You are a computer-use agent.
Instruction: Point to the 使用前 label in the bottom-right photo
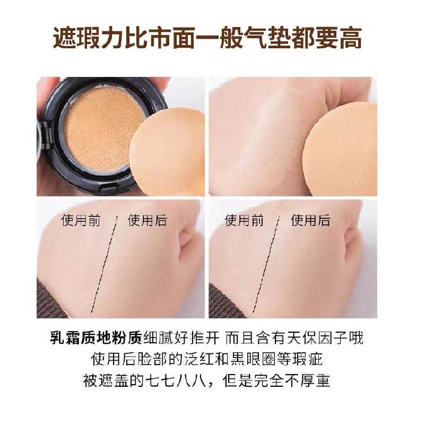pyautogui.click(x=245, y=220)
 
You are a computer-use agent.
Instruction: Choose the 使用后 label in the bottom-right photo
pyautogui.click(x=311, y=220)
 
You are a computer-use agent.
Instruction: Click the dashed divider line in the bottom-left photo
pyautogui.click(x=106, y=265)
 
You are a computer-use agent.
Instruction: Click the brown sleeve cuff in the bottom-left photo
pyautogui.click(x=53, y=300)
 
